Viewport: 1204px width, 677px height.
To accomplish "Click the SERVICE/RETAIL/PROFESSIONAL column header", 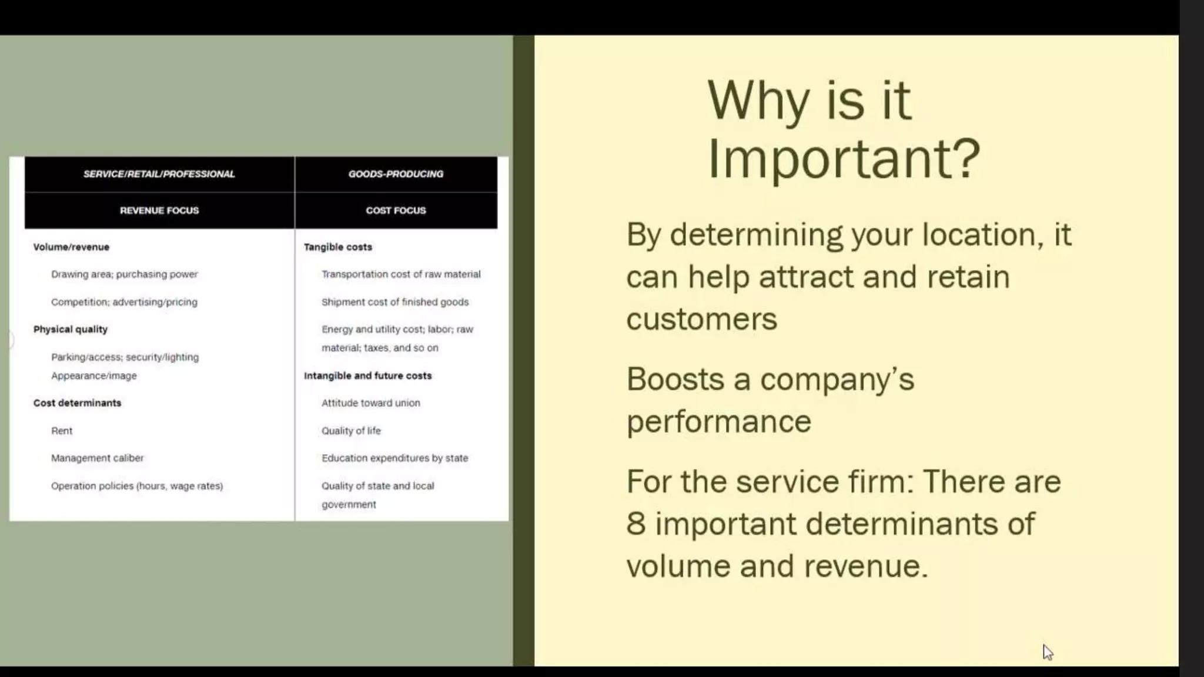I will pyautogui.click(x=159, y=174).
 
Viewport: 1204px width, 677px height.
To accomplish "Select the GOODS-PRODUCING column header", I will pyautogui.click(x=396, y=174).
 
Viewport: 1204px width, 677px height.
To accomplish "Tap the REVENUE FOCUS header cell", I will pyautogui.click(x=159, y=210).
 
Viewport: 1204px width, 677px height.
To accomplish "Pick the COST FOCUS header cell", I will pyautogui.click(x=396, y=210).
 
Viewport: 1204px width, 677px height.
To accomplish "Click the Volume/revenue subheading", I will pyautogui.click(x=71, y=247).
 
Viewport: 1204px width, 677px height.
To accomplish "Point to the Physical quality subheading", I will pyautogui.click(x=71, y=329).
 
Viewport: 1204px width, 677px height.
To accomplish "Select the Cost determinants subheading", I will pyautogui.click(x=77, y=403).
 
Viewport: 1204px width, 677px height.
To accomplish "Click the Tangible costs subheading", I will pyautogui.click(x=338, y=247).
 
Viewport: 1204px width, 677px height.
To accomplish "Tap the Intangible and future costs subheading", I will pyautogui.click(x=367, y=376).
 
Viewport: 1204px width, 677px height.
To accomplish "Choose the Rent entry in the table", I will pyautogui.click(x=62, y=431).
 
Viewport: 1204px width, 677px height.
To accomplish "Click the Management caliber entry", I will pyautogui.click(x=97, y=458).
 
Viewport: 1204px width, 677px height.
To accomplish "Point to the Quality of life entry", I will pyautogui.click(x=351, y=431).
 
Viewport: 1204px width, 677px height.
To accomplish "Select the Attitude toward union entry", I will pyautogui.click(x=370, y=403).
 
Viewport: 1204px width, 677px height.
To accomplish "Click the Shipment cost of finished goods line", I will pyautogui.click(x=395, y=302).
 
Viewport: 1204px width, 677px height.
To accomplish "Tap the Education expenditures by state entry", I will pyautogui.click(x=394, y=458).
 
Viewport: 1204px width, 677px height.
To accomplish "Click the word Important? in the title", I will pyautogui.click(x=844, y=159).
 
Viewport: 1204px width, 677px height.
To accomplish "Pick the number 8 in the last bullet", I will pyautogui.click(x=636, y=524).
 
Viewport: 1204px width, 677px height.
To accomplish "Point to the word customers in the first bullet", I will pyautogui.click(x=701, y=320).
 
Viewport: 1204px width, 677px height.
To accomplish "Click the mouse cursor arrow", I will pyautogui.click(x=1048, y=652).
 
